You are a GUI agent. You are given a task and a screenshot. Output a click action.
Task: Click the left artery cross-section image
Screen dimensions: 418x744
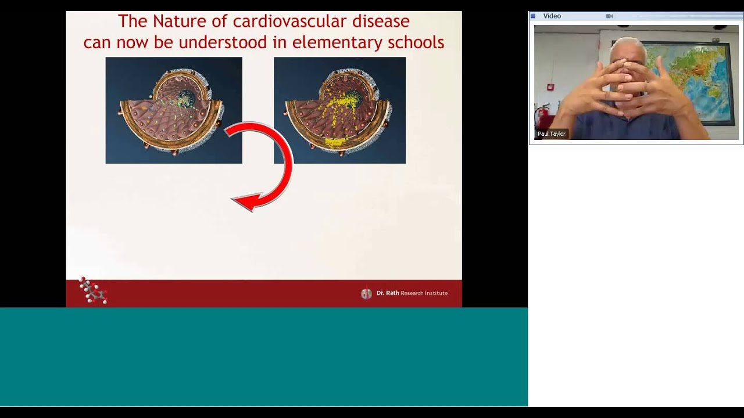pyautogui.click(x=173, y=110)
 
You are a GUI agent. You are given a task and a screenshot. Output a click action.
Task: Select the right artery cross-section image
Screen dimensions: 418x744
pyautogui.click(x=339, y=110)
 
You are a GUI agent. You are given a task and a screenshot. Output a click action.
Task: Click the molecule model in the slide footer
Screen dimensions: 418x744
pyautogui.click(x=93, y=291)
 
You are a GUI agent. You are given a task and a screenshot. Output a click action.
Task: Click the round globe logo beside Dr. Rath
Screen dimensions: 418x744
pyautogui.click(x=366, y=294)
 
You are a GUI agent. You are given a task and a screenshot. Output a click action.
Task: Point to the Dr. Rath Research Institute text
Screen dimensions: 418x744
pyautogui.click(x=412, y=293)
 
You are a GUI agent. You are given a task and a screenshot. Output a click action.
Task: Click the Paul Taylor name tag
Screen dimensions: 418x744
pyautogui.click(x=551, y=134)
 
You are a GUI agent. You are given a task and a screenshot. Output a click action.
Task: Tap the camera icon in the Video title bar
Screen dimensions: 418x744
pyautogui.click(x=609, y=16)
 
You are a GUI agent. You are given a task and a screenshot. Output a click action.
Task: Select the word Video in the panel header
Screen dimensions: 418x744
pyautogui.click(x=552, y=16)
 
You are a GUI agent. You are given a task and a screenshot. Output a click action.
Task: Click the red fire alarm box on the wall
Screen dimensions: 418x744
pyautogui.click(x=550, y=88)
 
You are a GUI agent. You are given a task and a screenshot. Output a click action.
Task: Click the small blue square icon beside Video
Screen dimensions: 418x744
pyautogui.click(x=533, y=16)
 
